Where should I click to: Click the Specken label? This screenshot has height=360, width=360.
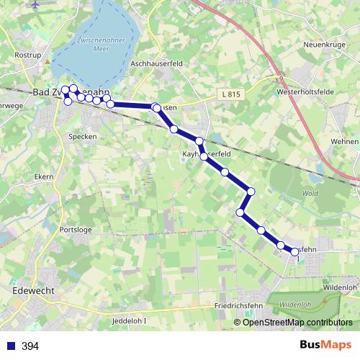pyautogui.click(x=82, y=136)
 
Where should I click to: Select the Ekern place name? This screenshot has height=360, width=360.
pyautogui.click(x=43, y=176)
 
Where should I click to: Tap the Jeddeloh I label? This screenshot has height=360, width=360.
pyautogui.click(x=130, y=320)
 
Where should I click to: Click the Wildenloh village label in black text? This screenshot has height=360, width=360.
pyautogui.click(x=341, y=287)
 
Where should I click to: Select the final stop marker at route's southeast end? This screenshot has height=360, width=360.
pyautogui.click(x=294, y=251)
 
